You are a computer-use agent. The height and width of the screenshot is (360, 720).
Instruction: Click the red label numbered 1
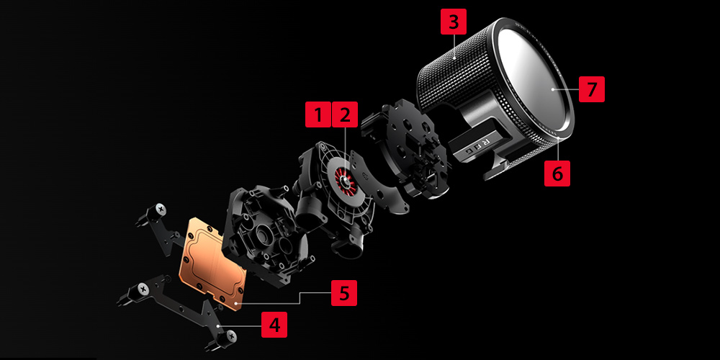click(x=318, y=114)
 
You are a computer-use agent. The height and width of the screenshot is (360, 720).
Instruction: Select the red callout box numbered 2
click(x=344, y=114)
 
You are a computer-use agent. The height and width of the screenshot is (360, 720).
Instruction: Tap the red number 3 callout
click(x=454, y=22)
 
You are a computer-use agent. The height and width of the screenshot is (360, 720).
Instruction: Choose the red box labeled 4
click(x=274, y=325)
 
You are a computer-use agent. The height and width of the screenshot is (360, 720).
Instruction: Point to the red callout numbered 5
click(x=344, y=293)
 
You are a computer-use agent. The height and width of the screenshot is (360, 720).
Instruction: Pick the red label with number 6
click(x=557, y=173)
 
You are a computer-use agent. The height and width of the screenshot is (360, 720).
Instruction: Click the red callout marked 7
click(x=591, y=89)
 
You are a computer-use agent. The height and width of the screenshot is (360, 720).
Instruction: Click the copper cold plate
click(x=213, y=263)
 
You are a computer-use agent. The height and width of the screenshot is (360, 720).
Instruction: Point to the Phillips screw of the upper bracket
click(x=161, y=208)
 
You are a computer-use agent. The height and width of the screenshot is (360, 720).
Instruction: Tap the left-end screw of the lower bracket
click(x=144, y=289)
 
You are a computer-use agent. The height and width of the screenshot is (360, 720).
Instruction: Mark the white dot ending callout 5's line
click(x=235, y=304)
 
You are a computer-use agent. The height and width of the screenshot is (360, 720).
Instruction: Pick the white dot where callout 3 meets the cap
click(x=454, y=58)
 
